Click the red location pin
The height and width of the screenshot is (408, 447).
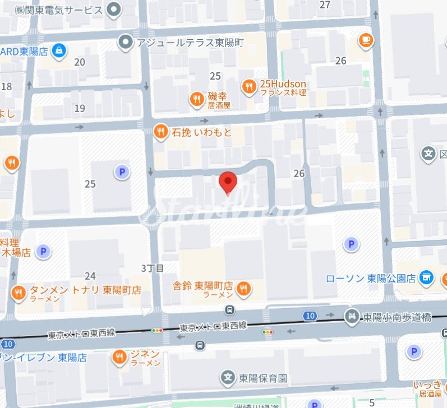[228, 182]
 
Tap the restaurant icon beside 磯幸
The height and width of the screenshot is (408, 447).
[196, 99]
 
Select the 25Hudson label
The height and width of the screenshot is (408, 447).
[282, 84]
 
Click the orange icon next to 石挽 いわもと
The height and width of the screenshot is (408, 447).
[161, 132]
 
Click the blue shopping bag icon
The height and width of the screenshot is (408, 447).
[58, 50]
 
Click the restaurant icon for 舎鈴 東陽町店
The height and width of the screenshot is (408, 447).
[243, 289]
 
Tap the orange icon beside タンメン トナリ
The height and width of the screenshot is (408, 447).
[18, 292]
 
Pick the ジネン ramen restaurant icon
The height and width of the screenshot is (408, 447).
[119, 356]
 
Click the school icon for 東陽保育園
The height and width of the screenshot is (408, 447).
[228, 377]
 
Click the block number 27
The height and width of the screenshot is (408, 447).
[325, 5]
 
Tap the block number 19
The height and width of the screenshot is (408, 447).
[80, 108]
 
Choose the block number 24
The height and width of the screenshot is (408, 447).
[90, 275]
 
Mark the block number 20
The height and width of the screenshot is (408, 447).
[80, 62]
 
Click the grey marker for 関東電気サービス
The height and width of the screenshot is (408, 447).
[115, 10]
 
